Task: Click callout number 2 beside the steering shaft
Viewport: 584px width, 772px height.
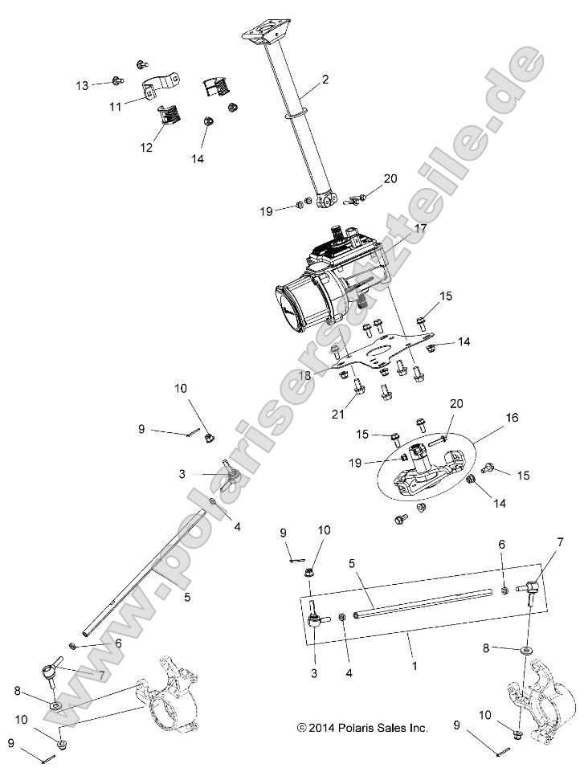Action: pos(325,80)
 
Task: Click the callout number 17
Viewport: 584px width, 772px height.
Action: pos(420,229)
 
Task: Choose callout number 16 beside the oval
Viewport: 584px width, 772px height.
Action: pos(511,419)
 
